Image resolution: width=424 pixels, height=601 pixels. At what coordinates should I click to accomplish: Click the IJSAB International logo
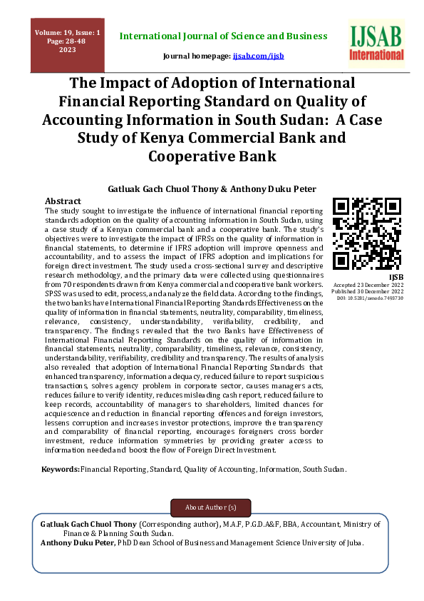pos(377,43)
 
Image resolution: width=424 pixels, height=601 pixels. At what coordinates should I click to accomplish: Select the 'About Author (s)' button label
pos(210,507)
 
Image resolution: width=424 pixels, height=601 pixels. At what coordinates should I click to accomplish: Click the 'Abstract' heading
pos(63,201)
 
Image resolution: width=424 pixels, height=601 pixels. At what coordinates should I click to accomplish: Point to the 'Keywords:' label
pos(61,469)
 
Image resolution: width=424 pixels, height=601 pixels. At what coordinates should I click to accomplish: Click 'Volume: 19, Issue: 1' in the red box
pos(68,33)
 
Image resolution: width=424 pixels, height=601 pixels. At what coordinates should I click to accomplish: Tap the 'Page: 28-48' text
pos(68,41)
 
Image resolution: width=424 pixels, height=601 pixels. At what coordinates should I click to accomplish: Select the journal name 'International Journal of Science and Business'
pos(224,36)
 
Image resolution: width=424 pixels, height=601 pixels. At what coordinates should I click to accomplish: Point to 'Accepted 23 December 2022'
pos(368,286)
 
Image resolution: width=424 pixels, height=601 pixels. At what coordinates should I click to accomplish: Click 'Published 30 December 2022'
pos(368,292)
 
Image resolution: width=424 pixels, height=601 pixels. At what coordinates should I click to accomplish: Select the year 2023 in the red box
pos(68,50)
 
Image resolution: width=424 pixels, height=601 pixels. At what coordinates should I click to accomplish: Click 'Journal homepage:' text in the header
pos(197,55)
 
